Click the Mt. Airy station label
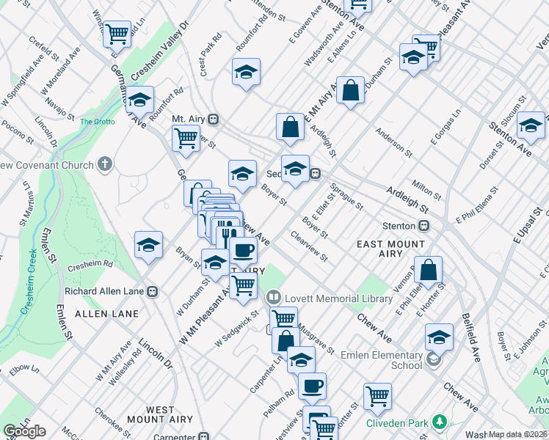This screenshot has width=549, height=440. [186, 118]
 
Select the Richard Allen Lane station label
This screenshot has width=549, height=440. [104, 291]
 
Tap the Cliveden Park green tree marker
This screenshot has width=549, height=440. [440, 422]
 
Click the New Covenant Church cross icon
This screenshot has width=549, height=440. [105, 163]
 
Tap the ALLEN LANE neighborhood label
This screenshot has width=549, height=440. [106, 314]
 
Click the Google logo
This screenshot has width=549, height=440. [24, 430]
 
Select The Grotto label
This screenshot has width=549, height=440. [97, 122]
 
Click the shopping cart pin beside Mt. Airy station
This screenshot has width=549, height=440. [186, 137]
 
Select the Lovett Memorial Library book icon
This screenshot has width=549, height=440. [273, 297]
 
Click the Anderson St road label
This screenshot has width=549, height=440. [393, 143]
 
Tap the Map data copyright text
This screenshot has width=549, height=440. [518, 434]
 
